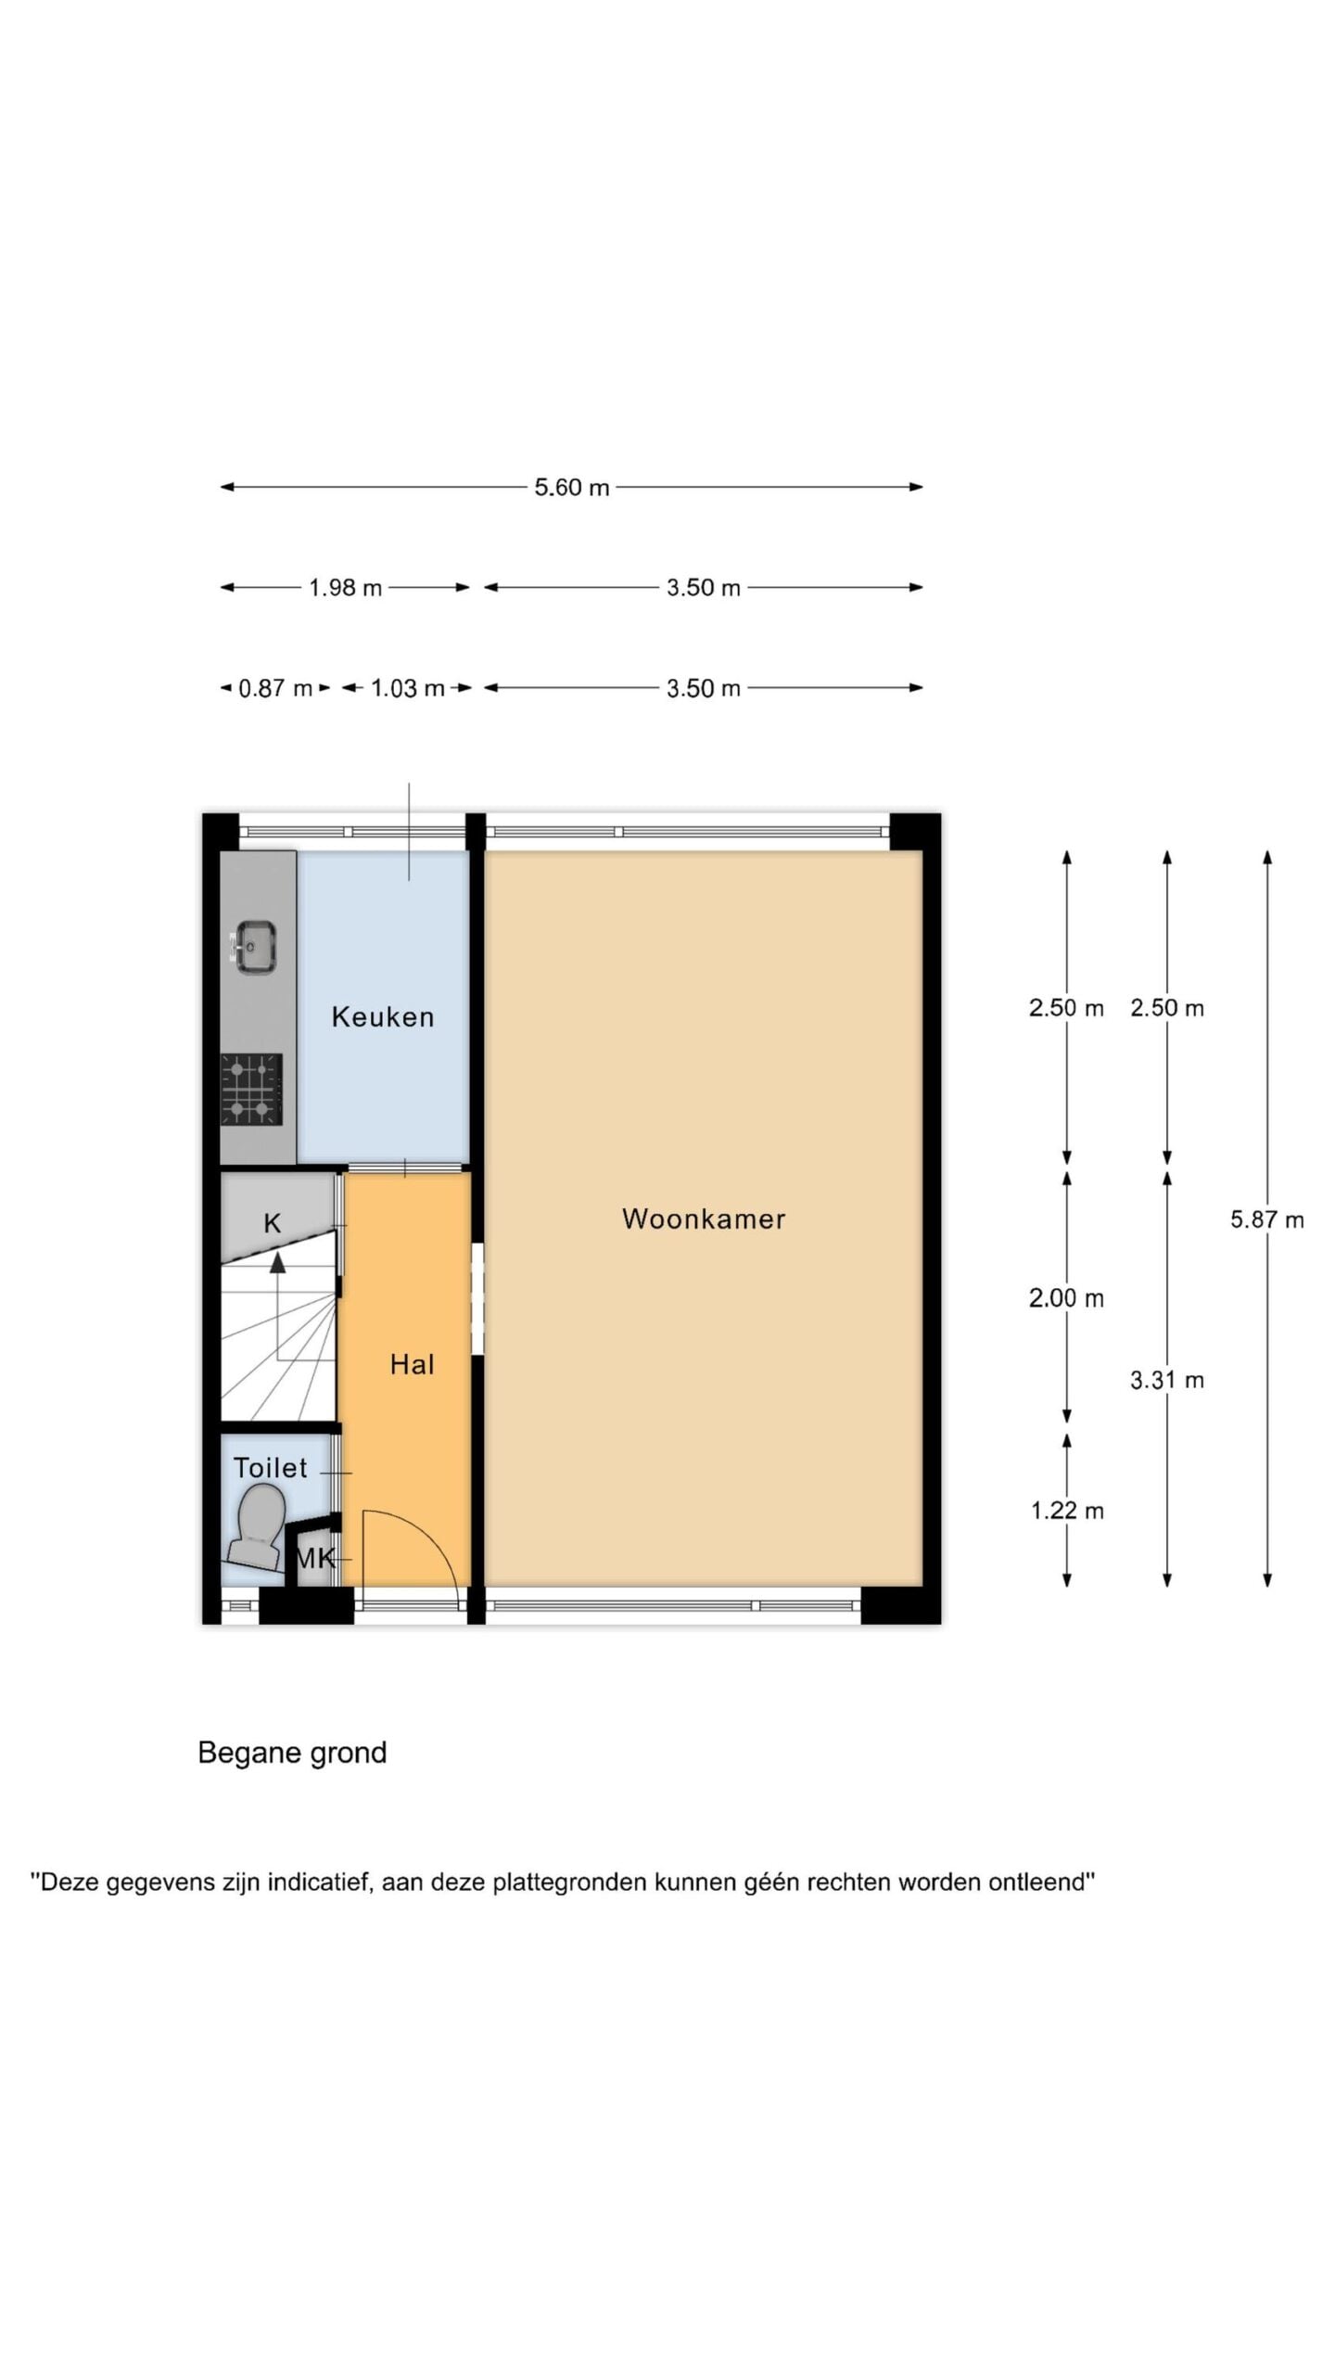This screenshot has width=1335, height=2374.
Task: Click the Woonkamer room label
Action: pos(704,1219)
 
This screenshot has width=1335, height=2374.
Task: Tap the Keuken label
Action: pos(383,1017)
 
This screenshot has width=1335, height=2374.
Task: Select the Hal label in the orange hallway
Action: pos(412,1364)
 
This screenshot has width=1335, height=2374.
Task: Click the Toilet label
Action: pos(270,1468)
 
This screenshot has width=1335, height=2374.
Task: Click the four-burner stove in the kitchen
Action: pos(251,1090)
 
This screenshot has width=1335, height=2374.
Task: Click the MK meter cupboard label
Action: pos(315,1559)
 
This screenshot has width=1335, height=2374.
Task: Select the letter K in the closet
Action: pos(273,1223)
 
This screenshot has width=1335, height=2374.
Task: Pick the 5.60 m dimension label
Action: pos(572,487)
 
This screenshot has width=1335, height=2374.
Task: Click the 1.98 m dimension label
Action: pos(346,588)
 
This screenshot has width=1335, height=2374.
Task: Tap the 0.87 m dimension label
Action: pos(275,688)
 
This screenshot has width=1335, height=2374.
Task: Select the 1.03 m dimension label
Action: pos(408,688)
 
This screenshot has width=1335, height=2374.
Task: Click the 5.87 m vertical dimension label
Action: pos(1267,1219)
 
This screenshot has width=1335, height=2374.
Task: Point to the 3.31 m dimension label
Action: pos(1167,1380)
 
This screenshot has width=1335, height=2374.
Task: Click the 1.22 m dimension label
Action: pos(1067,1511)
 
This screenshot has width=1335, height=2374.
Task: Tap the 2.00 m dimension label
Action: pos(1067,1298)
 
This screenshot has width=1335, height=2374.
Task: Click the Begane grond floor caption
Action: pos(292,1753)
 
